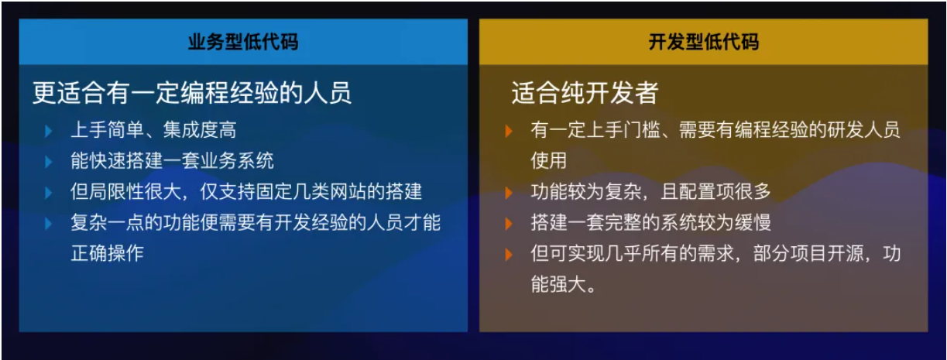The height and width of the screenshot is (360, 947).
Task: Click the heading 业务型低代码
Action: pos(242,42)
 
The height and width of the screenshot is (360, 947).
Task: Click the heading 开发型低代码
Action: pos(703,42)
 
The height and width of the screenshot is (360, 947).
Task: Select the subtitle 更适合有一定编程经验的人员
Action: pos(192,94)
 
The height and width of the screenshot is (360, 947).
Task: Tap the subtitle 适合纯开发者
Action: pos(585,94)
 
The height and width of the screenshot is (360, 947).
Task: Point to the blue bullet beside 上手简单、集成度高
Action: pos(49,130)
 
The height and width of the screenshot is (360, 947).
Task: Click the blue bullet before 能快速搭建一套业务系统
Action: pos(49,161)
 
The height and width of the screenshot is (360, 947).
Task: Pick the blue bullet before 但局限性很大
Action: pos(49,192)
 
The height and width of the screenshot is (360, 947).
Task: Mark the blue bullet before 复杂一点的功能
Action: pos(49,223)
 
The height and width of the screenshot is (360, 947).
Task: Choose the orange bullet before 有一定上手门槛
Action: pos(509,130)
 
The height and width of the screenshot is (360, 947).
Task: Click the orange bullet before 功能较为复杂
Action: pos(509,192)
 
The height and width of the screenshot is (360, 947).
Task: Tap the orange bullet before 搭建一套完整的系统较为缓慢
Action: pos(509,223)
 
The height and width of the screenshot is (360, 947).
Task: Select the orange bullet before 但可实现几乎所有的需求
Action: pos(509,254)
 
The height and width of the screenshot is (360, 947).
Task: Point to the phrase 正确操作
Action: pos(107,253)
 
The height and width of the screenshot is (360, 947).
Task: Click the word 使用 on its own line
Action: pos(548,161)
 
